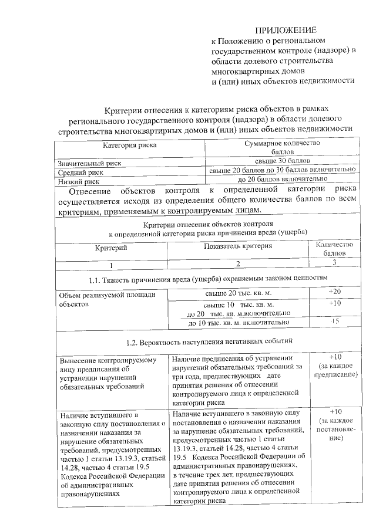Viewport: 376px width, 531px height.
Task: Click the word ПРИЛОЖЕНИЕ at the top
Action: tap(285, 30)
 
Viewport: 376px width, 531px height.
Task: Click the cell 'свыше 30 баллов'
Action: tap(282, 160)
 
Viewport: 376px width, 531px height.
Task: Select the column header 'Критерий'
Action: tap(111, 248)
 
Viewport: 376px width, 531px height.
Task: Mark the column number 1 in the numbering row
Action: tap(111, 265)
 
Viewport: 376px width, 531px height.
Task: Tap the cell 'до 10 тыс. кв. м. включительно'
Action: tap(238, 322)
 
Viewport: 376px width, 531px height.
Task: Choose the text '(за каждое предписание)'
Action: tap(335, 370)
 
